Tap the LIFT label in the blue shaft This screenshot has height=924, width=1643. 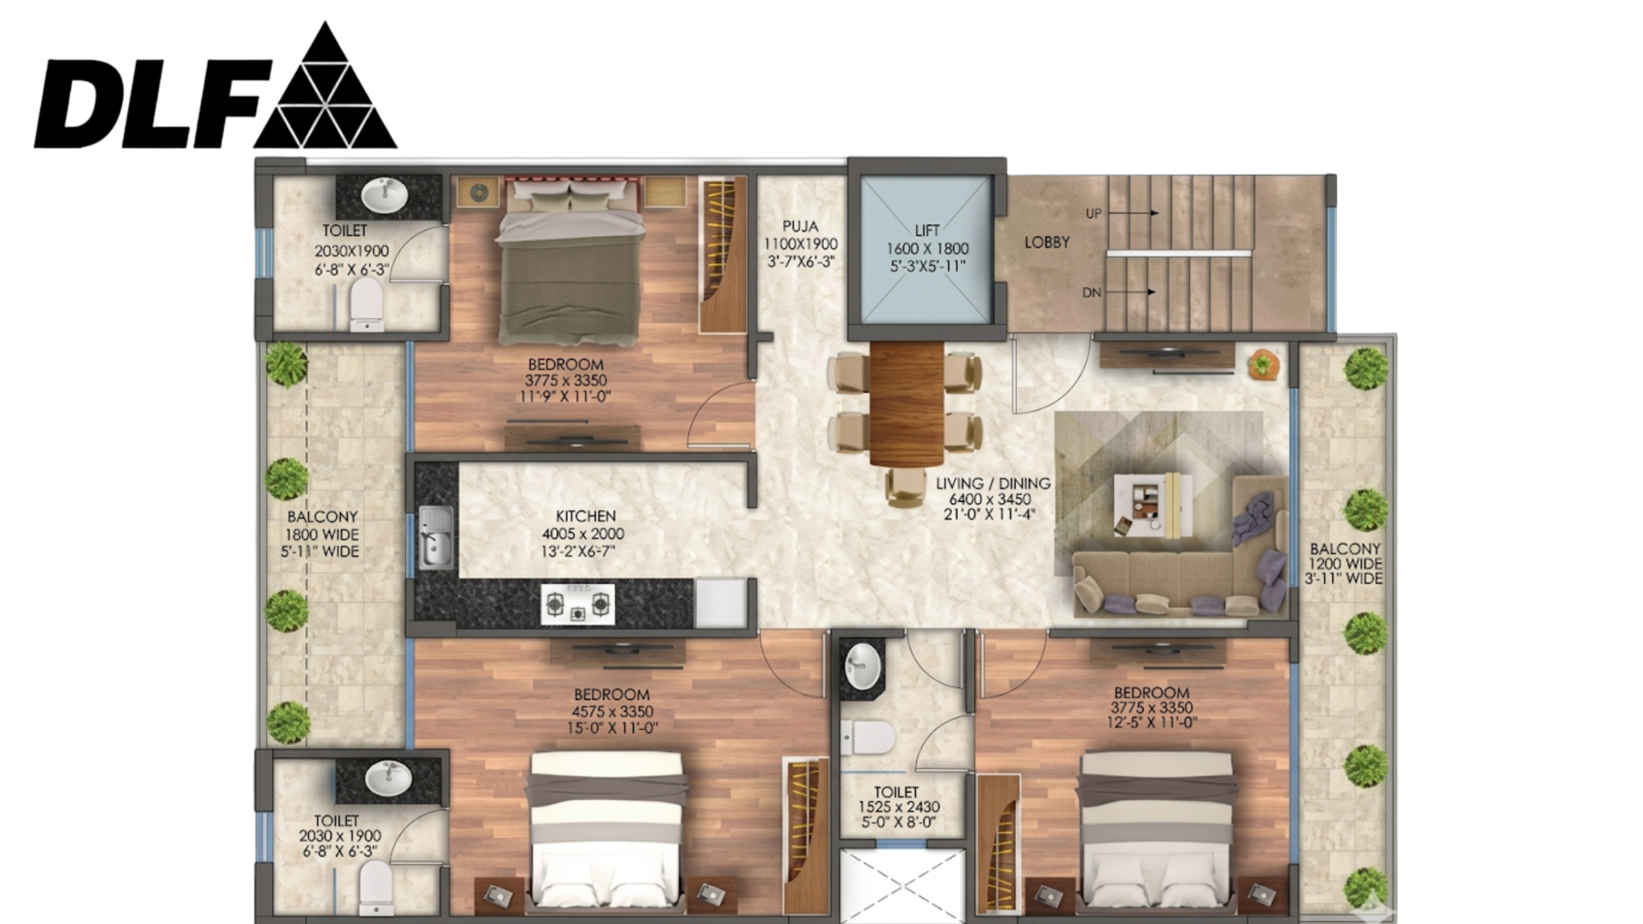tap(927, 230)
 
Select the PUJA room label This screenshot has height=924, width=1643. tap(800, 226)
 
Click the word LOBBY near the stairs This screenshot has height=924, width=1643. tap(1047, 243)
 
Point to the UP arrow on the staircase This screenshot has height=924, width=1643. tap(1133, 213)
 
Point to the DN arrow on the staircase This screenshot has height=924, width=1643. tap(1131, 292)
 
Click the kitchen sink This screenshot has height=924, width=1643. tap(436, 537)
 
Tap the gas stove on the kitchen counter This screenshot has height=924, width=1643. tap(578, 604)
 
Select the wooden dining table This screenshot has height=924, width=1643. tap(907, 403)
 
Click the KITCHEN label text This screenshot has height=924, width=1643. tap(585, 516)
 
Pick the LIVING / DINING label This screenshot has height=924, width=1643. tap(993, 483)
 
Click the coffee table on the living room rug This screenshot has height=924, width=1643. tap(1153, 504)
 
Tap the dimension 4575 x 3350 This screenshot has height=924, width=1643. tap(612, 711)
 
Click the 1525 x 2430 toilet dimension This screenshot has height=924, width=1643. tap(899, 807)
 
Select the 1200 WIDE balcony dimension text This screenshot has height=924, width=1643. tap(1345, 564)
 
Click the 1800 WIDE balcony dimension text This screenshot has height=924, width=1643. tap(322, 535)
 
